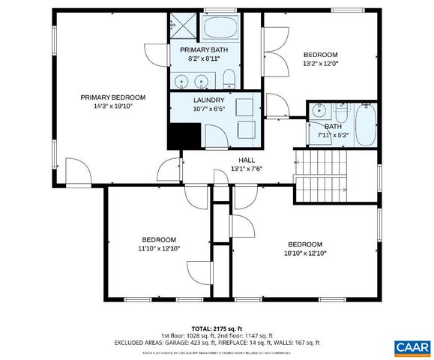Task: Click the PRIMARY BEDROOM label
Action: coord(113,97)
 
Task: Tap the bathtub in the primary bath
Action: coord(220,30)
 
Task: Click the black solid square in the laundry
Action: coord(184,135)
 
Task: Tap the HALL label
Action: coord(247,160)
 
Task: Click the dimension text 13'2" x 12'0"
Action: coord(320,64)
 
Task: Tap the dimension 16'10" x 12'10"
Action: coord(305,253)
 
